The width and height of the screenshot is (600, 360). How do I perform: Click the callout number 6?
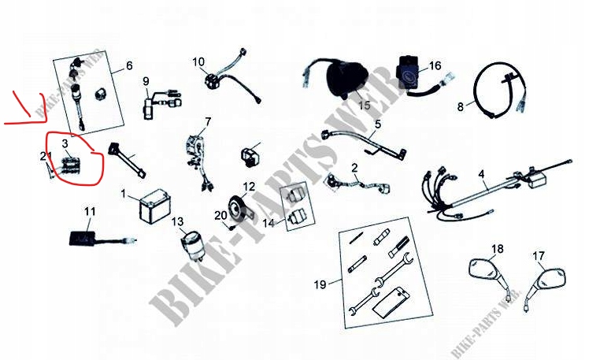point(129,65)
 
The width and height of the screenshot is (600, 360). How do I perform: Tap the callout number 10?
point(198,61)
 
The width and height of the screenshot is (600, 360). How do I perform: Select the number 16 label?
point(435,65)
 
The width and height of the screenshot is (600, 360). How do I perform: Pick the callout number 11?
point(90,211)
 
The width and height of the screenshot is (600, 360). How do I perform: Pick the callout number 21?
point(45,156)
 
